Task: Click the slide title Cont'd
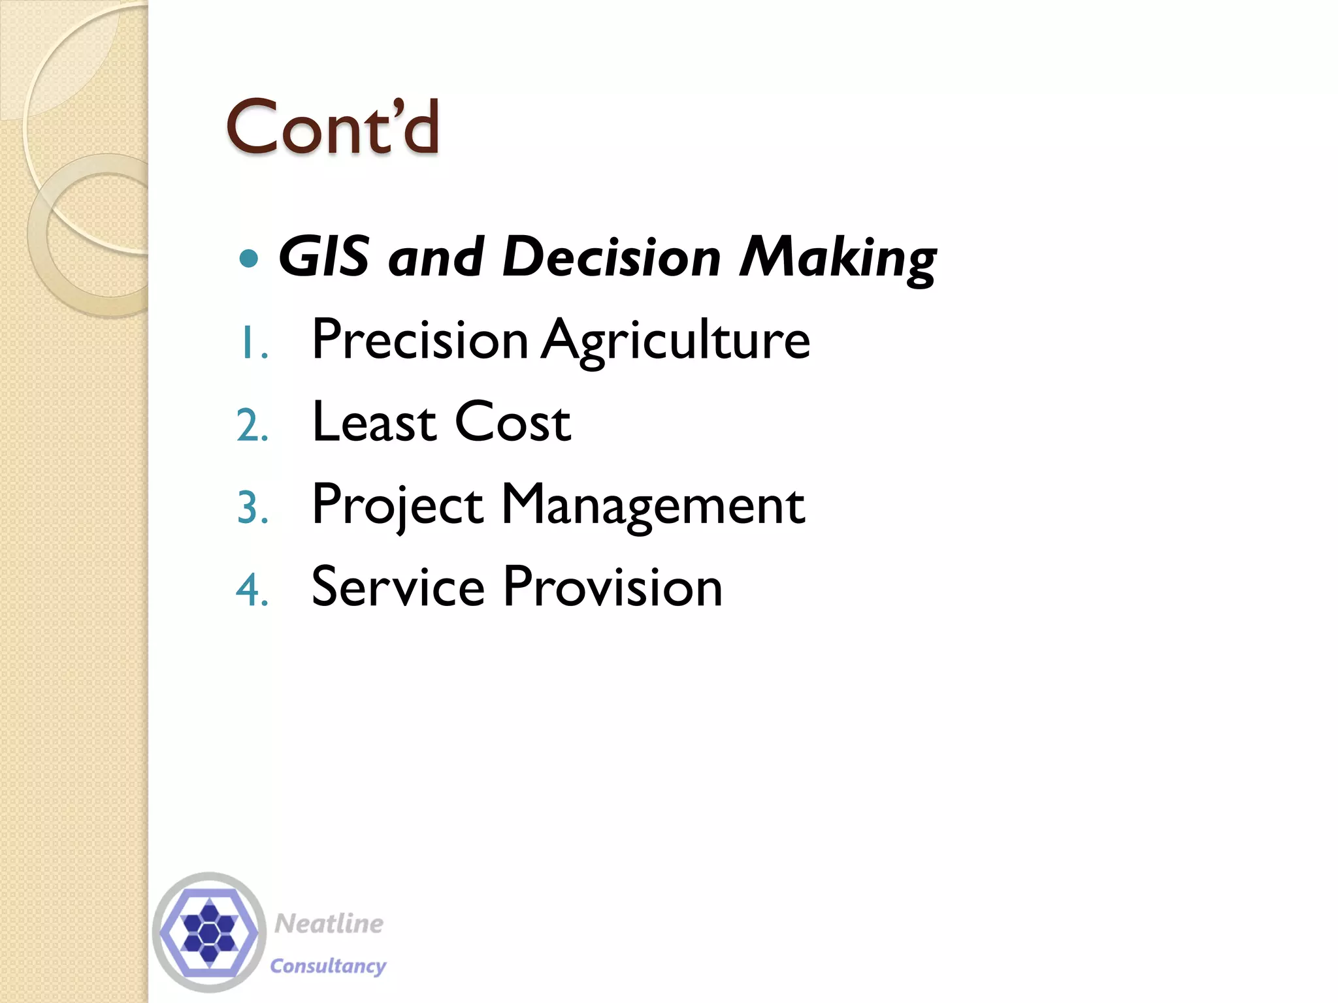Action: coord(332,127)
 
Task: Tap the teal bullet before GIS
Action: coord(249,259)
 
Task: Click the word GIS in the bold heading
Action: coord(324,257)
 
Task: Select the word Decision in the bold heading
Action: coord(612,257)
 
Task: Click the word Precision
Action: coord(420,340)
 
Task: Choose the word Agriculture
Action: coord(676,342)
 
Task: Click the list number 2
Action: coord(252,426)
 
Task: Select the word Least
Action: coord(374,422)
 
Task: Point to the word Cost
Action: coord(513,422)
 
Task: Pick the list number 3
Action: coord(252,509)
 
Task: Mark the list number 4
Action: coord(252,591)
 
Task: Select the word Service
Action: coord(398,586)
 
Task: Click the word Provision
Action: coord(613,586)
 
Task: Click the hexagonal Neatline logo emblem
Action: coord(209,932)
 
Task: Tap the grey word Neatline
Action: coord(329,923)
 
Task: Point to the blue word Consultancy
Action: coord(328,966)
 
